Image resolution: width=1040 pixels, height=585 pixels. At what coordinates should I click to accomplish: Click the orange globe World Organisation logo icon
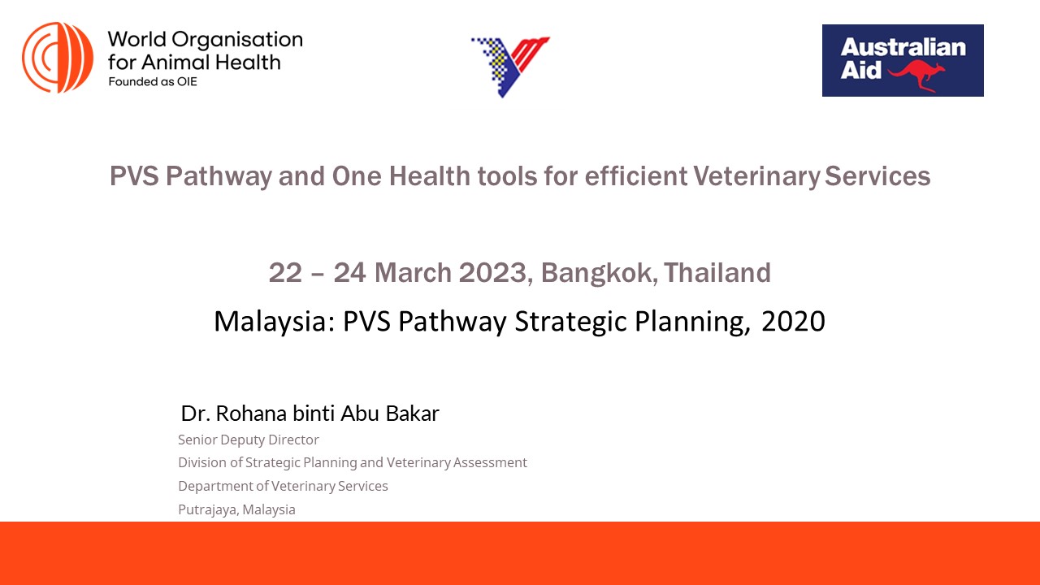click(58, 58)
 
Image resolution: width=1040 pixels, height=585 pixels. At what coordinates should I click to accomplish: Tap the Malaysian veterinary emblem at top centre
click(510, 66)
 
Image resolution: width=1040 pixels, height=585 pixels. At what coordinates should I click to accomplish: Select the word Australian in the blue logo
click(903, 47)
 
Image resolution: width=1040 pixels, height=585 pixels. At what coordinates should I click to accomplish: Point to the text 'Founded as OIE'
click(153, 82)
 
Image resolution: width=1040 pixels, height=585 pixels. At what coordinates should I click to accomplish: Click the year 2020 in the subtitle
click(793, 322)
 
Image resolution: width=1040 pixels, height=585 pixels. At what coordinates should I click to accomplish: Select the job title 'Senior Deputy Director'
click(249, 440)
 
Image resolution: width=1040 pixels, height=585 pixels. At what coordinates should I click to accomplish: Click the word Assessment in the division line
click(490, 462)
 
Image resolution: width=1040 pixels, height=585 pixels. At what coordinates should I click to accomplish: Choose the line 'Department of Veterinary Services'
click(283, 486)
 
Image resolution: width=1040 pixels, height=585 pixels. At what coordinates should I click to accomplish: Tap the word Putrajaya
click(206, 509)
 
